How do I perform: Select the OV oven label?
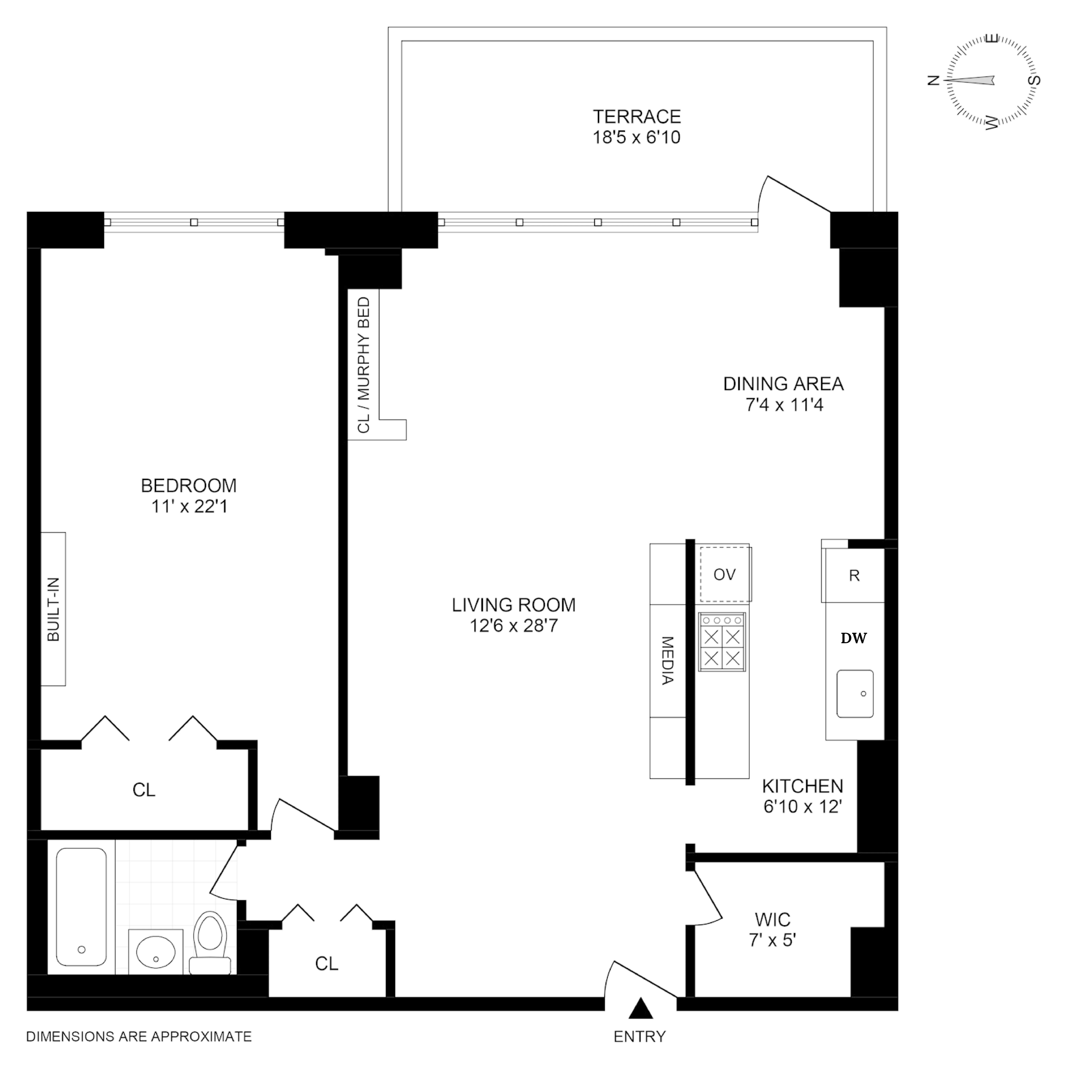tap(724, 575)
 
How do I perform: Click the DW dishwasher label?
tap(853, 639)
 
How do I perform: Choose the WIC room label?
tap(773, 920)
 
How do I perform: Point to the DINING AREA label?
tap(783, 384)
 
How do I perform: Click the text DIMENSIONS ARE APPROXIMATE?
tap(139, 1036)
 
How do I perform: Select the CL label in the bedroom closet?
tap(144, 790)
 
